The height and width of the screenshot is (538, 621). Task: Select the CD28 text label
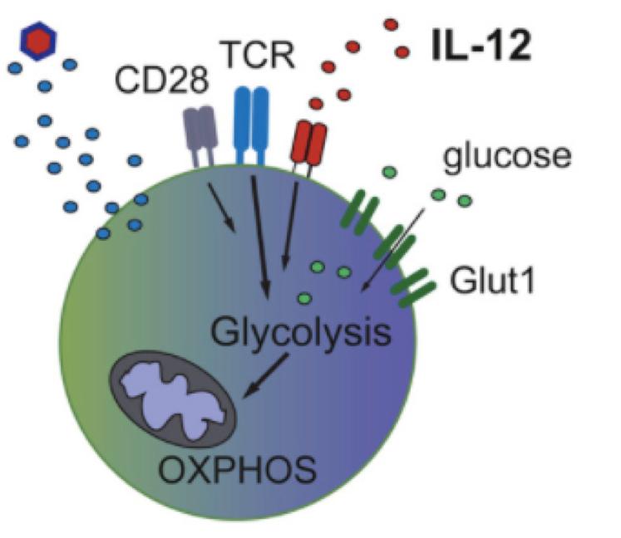[x=161, y=80]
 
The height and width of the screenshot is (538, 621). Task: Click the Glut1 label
[x=492, y=281]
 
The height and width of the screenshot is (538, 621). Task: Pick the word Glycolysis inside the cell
[x=301, y=333]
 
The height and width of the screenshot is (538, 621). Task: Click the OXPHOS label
[x=238, y=470]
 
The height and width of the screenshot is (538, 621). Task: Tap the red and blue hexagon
[x=38, y=41]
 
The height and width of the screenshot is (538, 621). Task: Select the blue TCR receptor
[x=252, y=125]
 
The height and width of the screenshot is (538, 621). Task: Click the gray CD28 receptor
[x=200, y=135]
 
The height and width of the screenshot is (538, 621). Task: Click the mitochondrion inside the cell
[x=173, y=399]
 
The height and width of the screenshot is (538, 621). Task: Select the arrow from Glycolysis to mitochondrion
[x=265, y=375]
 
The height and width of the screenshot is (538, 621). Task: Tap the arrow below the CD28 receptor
[x=222, y=208]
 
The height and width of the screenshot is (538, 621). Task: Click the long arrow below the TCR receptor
[x=260, y=237]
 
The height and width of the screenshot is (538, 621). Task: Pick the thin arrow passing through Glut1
[x=392, y=250]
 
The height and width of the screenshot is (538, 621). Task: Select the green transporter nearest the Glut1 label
[x=413, y=287]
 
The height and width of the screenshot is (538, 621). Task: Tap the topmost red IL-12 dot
[x=391, y=25]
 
